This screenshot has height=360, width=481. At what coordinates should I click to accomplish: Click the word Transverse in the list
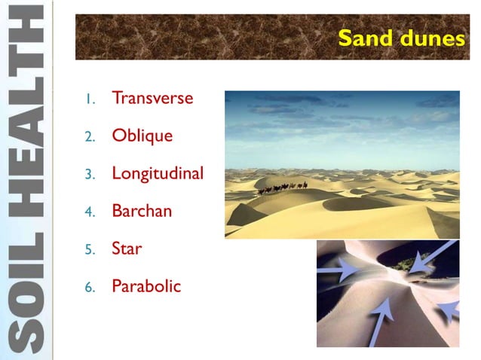coord(152,99)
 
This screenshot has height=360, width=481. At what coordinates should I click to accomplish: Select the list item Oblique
coord(142,136)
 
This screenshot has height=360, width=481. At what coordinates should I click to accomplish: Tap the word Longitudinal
coord(158,173)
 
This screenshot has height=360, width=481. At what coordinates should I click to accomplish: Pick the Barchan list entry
coord(142,211)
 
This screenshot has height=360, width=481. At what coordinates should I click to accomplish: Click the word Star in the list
coord(127,248)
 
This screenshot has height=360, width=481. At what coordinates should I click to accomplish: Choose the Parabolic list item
coord(146,285)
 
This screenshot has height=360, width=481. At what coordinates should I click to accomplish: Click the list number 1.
coord(88,99)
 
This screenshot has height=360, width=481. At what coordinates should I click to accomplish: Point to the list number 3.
coord(88,174)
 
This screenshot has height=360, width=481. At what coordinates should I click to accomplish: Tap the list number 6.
coord(88,286)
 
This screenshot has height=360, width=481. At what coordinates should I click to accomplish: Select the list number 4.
coord(88,212)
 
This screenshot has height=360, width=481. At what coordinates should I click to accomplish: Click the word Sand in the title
coord(365,38)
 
